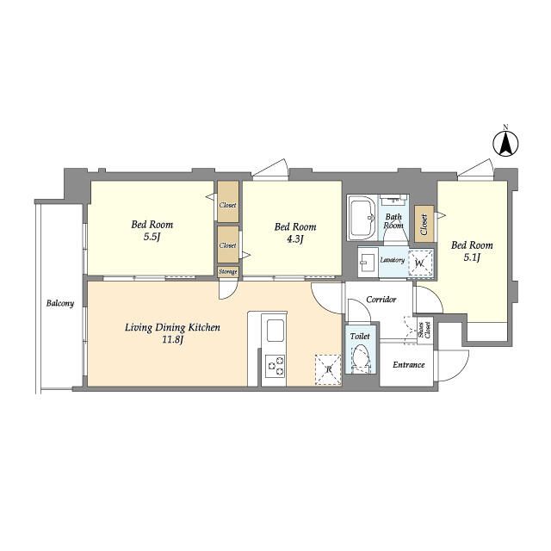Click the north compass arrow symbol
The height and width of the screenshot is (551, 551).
click(x=505, y=144)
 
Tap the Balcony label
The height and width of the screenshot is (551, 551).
click(x=60, y=303)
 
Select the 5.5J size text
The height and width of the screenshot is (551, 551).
click(x=152, y=238)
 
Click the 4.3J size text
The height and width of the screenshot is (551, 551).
click(x=294, y=239)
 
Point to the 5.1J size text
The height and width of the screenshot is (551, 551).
click(x=472, y=257)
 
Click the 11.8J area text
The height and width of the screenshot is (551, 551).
click(x=172, y=340)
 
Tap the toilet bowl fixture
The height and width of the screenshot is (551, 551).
click(x=360, y=358)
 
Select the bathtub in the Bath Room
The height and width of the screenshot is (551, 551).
click(x=362, y=218)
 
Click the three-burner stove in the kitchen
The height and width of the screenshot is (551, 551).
click(x=275, y=366)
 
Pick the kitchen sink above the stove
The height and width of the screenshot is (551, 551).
click(x=275, y=330)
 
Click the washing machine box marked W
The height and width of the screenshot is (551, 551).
click(x=421, y=263)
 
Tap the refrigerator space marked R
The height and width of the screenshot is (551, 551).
click(x=328, y=369)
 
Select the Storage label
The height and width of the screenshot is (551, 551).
click(x=227, y=272)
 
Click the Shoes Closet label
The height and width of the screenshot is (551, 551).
click(x=424, y=330)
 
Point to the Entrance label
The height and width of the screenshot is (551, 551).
click(x=409, y=365)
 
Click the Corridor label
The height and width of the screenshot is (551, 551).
click(x=381, y=300)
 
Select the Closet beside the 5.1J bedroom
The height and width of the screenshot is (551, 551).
click(x=424, y=224)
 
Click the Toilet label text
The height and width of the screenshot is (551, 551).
click(x=360, y=337)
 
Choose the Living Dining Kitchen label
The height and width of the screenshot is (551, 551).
click(x=172, y=327)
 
